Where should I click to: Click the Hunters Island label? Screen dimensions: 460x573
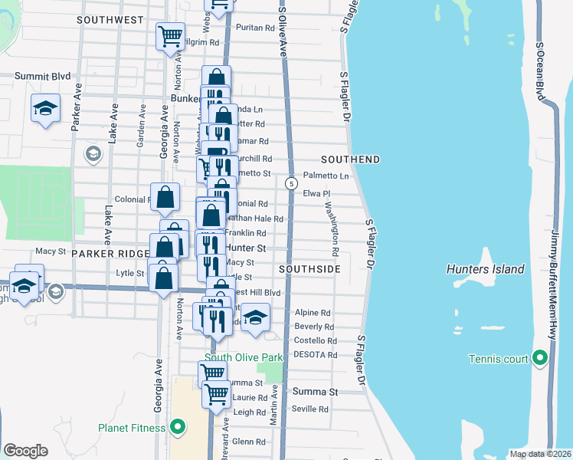[x=485, y=269]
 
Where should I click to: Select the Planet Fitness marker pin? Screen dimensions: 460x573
[x=178, y=427]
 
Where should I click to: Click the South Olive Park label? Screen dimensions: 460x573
[x=244, y=357]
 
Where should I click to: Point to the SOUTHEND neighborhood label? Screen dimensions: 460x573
[x=350, y=159]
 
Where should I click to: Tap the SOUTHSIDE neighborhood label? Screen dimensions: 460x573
[x=309, y=269]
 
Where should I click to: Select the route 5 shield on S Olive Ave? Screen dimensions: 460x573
[x=291, y=184]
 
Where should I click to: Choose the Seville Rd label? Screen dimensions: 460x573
[x=310, y=409]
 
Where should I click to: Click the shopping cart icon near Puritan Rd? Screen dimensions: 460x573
[x=169, y=35]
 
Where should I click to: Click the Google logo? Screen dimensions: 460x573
[x=26, y=450]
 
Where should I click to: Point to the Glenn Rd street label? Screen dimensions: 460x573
[x=248, y=442]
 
